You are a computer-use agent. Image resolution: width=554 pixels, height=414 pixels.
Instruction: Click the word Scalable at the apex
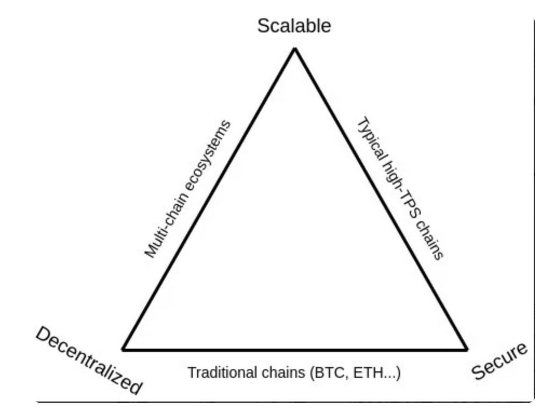coord(294,25)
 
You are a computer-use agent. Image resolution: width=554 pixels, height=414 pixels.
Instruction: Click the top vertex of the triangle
coord(295,49)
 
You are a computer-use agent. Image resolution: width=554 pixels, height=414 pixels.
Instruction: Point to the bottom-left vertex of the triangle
coord(123,350)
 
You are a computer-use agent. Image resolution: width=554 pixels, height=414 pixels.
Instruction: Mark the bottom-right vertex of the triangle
coord(467,350)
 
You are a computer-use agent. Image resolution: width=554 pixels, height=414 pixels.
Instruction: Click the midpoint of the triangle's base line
coord(295,350)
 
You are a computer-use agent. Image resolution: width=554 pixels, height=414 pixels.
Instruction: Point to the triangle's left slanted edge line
coord(209,199)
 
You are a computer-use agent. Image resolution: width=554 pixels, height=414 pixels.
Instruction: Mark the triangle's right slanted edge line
coord(381,199)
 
